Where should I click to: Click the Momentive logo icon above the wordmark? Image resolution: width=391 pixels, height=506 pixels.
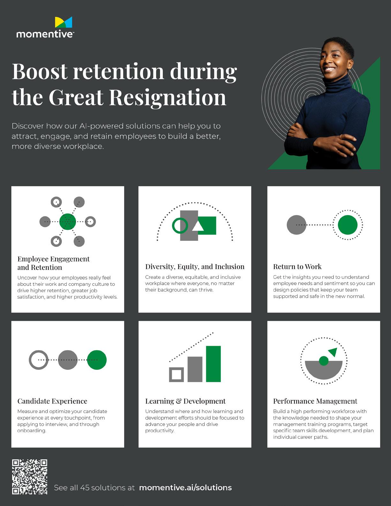pos(64,22)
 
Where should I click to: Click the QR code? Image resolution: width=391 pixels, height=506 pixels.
pos(30,477)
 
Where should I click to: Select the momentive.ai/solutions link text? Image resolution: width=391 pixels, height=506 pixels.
pos(185,487)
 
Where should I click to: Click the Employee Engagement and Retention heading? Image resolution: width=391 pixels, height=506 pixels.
pos(53,263)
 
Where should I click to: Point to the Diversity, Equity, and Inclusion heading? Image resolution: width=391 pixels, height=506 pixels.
pos(195,267)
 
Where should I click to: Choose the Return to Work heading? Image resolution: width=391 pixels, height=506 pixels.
pos(297,267)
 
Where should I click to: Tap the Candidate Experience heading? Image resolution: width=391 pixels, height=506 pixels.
pos(52,401)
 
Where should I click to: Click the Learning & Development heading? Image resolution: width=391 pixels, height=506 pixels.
pos(185,401)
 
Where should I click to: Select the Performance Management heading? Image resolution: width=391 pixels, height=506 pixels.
pos(315,401)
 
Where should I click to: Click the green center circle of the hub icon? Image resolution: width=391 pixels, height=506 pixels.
pos(68,222)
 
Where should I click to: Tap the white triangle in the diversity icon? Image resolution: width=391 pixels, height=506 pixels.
pos(198,226)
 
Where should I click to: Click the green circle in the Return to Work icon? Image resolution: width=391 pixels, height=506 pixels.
pos(348,225)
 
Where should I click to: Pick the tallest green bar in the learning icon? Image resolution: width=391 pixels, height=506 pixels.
pos(213,364)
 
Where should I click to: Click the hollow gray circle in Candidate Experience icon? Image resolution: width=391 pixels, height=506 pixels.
pos(39,360)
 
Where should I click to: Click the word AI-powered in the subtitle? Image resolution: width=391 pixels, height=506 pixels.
pos(101,126)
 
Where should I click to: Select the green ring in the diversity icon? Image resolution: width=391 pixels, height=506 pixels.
pos(180,225)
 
